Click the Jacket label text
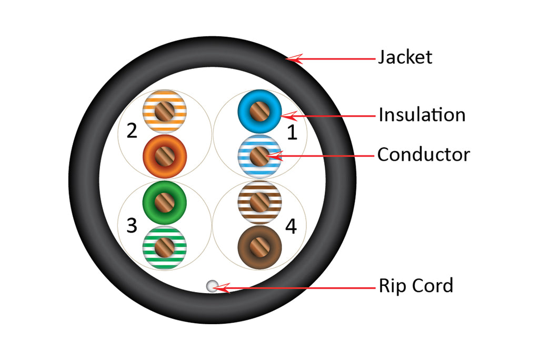(x=405, y=57)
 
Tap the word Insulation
(x=422, y=114)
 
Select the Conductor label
(x=423, y=154)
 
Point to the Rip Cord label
(x=416, y=286)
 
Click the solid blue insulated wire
(x=259, y=111)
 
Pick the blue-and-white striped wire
(x=259, y=156)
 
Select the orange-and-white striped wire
(x=165, y=111)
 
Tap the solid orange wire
(x=165, y=156)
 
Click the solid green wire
(x=165, y=202)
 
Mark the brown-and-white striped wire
(x=259, y=202)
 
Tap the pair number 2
(x=132, y=131)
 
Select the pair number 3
(x=132, y=226)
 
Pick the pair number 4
(x=291, y=226)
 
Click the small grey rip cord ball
(x=212, y=286)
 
